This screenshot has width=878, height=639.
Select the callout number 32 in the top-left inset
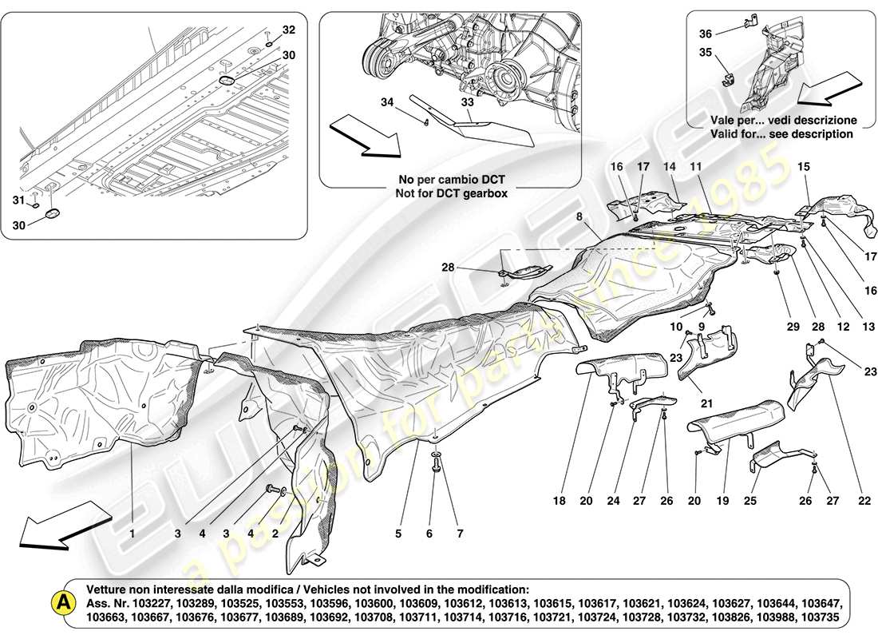[x=288, y=30]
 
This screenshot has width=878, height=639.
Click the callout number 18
[x=559, y=501]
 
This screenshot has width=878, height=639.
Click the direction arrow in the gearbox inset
[x=363, y=136]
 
